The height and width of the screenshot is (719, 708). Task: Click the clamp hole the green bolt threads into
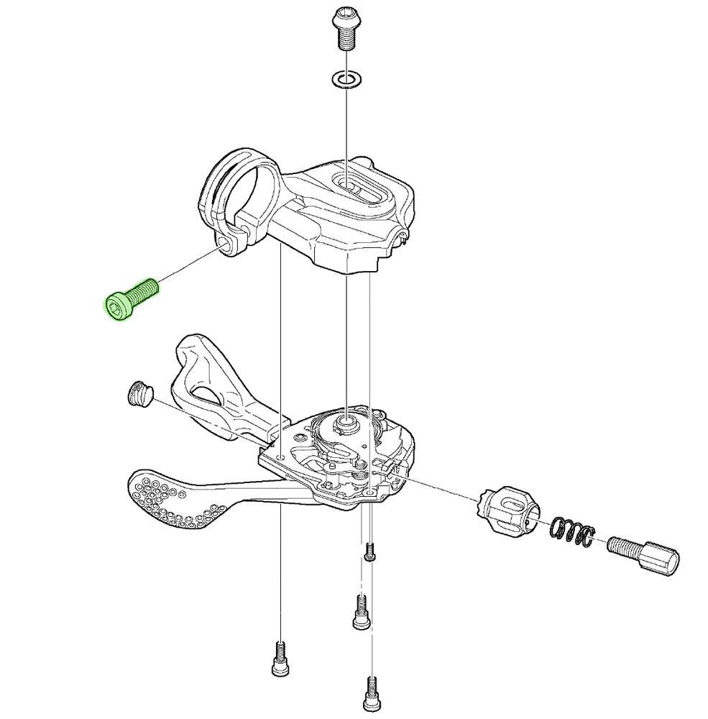(x=229, y=247)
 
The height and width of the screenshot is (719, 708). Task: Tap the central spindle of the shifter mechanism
(x=346, y=423)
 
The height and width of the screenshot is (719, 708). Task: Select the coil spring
(x=572, y=533)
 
